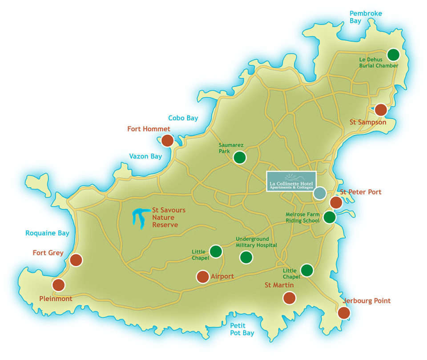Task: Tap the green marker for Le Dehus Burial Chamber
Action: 393,55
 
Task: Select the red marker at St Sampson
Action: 381,110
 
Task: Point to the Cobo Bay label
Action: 183,118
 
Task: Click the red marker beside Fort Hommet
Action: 167,141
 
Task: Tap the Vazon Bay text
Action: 145,156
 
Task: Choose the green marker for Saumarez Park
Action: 240,157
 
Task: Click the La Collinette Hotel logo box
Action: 291,181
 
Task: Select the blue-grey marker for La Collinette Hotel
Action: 319,193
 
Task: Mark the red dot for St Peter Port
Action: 336,203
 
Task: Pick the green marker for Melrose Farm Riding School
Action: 329,217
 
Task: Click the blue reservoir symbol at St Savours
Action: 140,218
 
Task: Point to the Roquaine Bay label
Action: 48,233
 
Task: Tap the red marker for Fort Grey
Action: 76,260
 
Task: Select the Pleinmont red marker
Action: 58,285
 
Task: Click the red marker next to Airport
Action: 203,277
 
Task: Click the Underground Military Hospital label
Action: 256,242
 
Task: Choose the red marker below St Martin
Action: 289,298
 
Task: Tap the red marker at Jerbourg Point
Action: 344,312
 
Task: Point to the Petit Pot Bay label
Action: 242,329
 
